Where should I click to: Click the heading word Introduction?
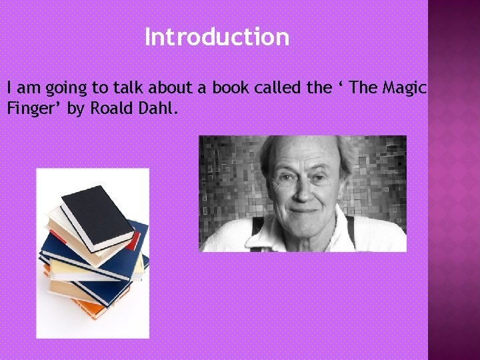click(x=217, y=37)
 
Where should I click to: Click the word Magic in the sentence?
click(x=404, y=88)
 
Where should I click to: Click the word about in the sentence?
click(x=177, y=88)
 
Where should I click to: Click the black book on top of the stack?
click(x=98, y=215)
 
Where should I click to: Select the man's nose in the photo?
click(x=303, y=189)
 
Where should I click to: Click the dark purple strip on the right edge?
click(x=453, y=180)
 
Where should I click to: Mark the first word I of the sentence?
click(x=9, y=88)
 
